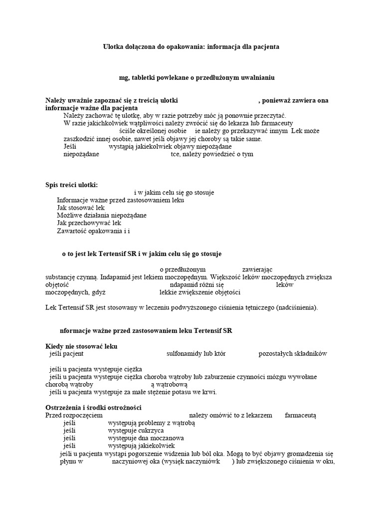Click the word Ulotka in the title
point(113,46)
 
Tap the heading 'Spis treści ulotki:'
point(72,185)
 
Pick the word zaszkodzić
point(81,139)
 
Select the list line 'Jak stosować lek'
point(81,208)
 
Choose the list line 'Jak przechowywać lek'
point(89,223)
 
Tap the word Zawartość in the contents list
point(72,231)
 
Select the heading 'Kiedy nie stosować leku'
point(82,346)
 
